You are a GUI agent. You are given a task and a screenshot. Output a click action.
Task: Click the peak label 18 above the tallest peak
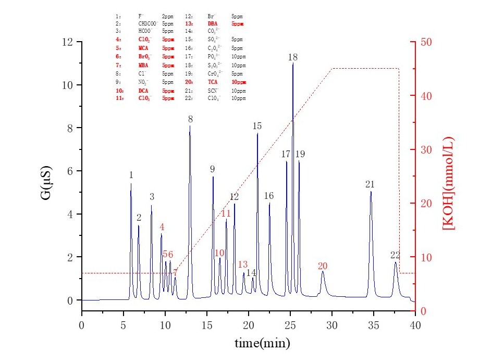[x=293, y=57]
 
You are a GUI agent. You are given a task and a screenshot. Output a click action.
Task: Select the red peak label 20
[x=323, y=266]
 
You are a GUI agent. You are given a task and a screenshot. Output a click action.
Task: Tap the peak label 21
[x=371, y=184]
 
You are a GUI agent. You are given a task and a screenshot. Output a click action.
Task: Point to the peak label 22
[x=396, y=255]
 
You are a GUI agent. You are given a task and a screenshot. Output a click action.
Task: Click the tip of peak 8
[x=190, y=125]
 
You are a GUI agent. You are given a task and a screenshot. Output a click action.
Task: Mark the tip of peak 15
[x=257, y=134]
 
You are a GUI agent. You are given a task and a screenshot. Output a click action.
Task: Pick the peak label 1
[x=131, y=175]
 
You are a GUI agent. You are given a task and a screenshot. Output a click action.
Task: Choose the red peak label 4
[x=162, y=227]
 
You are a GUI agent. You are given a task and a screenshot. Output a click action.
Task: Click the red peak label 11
[x=226, y=214]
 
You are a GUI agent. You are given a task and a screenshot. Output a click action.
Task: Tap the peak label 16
[x=269, y=196]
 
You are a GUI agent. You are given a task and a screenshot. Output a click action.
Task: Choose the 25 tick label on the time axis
[x=290, y=324]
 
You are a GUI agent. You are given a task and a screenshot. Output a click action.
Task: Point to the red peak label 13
[x=243, y=265]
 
